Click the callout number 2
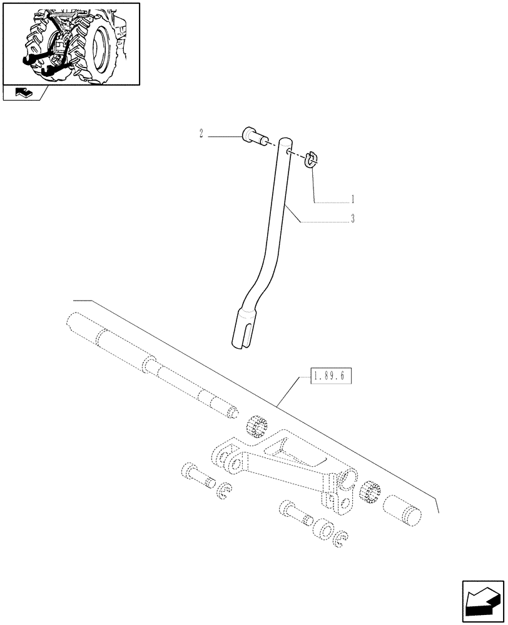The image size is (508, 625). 201,133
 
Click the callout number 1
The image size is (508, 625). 352,200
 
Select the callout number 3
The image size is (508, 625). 352,219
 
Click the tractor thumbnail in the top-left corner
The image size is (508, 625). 71,44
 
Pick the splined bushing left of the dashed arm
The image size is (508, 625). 257,426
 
